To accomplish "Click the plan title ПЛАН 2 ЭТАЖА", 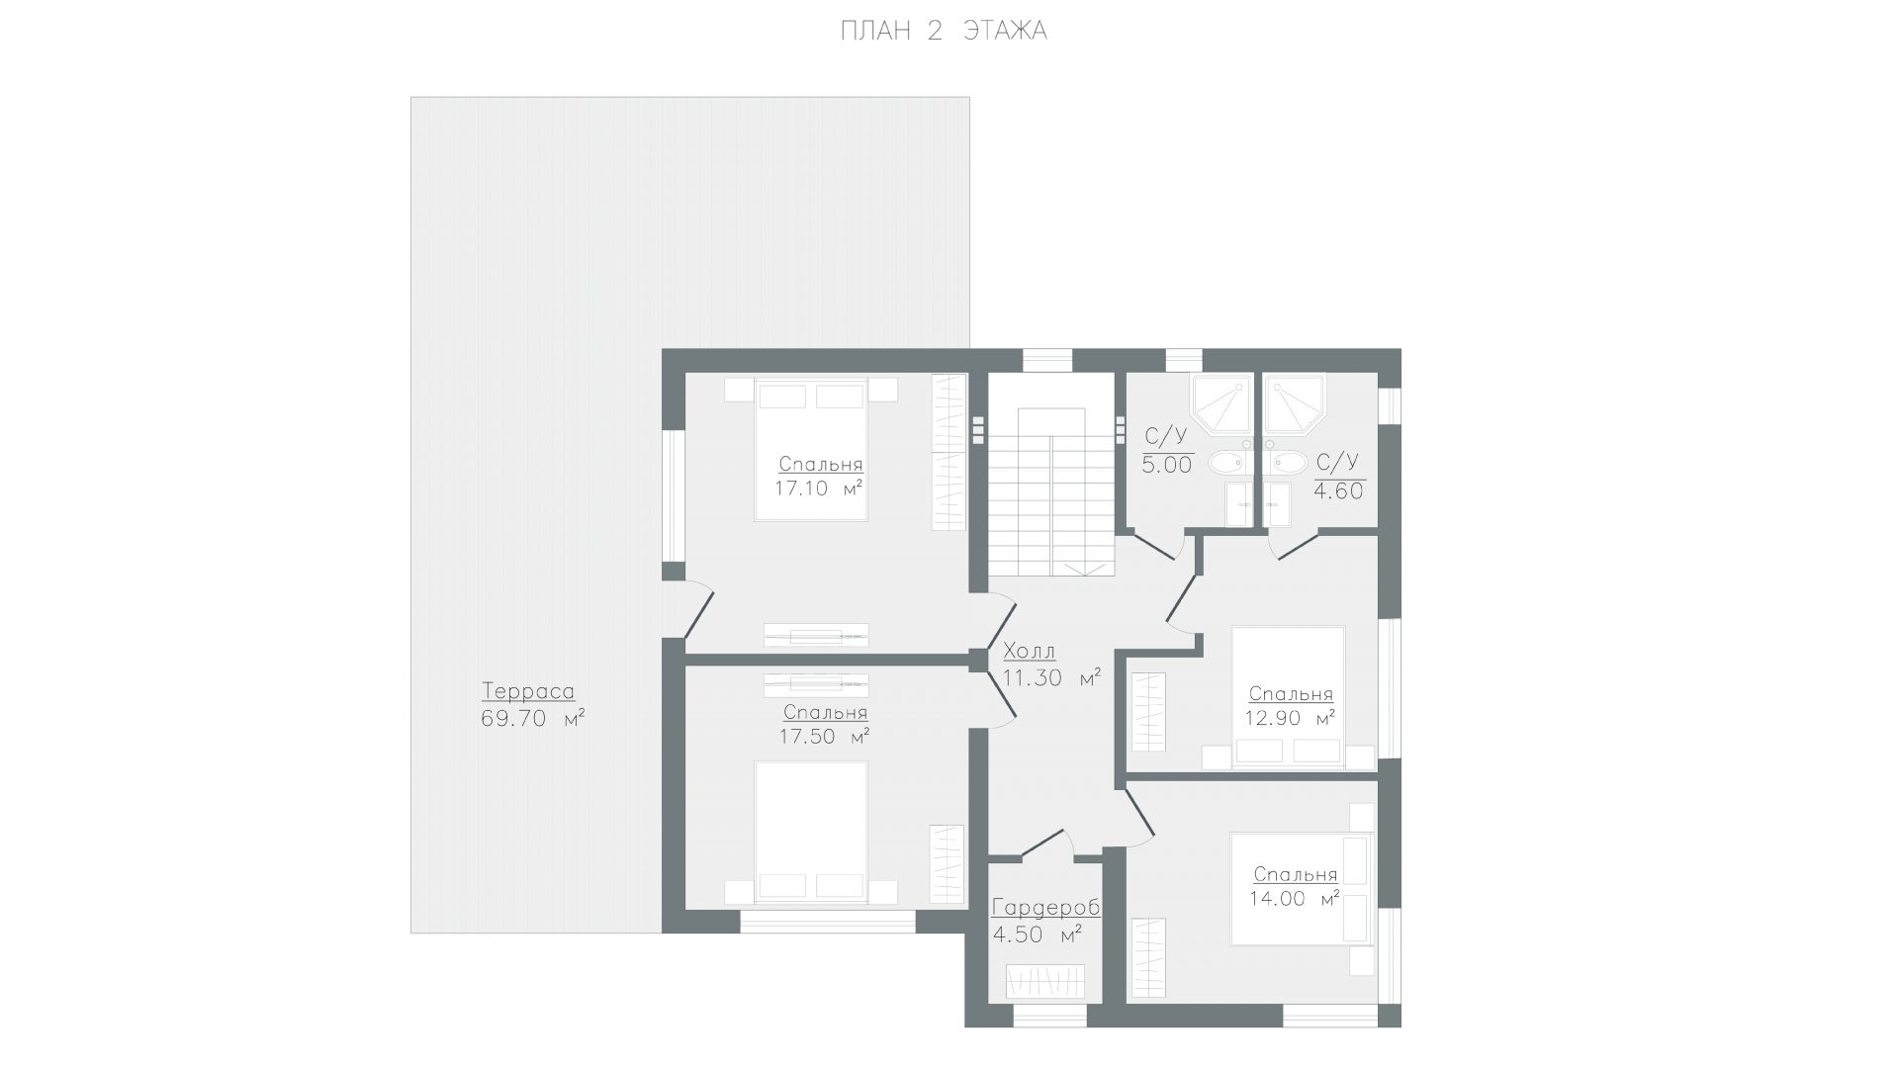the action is point(944,32).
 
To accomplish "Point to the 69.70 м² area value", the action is point(532,719).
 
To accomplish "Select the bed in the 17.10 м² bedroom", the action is point(812,451).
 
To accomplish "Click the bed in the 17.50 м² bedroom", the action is point(812,832).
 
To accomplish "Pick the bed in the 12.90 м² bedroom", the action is point(1289,696).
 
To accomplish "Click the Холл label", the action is point(1030,652).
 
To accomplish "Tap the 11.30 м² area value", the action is point(1052,678).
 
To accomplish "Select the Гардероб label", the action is point(1045,908).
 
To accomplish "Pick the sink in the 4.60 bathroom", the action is point(1288,461).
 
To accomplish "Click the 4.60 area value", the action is point(1339,490).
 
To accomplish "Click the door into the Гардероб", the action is point(1046,842).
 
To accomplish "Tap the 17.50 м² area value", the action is point(825,737).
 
